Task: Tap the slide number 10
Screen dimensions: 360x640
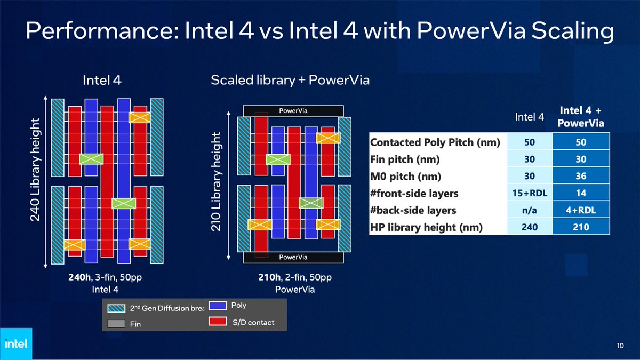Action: pyautogui.click(x=620, y=346)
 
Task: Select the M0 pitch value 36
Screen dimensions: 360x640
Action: pyautogui.click(x=581, y=177)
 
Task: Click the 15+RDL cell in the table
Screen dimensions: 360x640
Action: pyautogui.click(x=530, y=194)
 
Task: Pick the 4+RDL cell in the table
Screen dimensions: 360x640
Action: pyautogui.click(x=581, y=210)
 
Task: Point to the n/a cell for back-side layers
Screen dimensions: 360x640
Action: pyautogui.click(x=530, y=210)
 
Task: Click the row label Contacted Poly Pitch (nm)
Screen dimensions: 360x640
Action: pyautogui.click(x=435, y=143)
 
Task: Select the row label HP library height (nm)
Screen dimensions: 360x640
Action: pyautogui.click(x=427, y=227)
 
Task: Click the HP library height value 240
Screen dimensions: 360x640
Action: pyautogui.click(x=530, y=227)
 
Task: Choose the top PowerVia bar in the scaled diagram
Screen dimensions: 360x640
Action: pyautogui.click(x=293, y=111)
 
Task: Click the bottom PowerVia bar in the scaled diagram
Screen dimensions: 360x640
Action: pyautogui.click(x=293, y=257)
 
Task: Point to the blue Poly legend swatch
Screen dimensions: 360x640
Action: pyautogui.click(x=217, y=306)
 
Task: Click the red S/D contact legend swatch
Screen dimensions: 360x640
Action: pyautogui.click(x=217, y=322)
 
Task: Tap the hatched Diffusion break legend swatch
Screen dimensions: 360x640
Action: pyautogui.click(x=116, y=308)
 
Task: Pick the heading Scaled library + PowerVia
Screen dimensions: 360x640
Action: pyautogui.click(x=290, y=81)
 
